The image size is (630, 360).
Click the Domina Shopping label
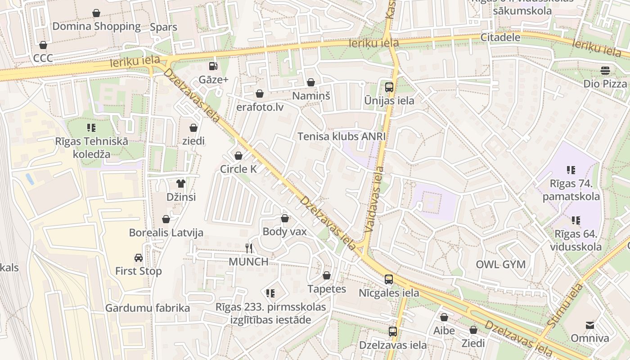pyautogui.click(x=96, y=26)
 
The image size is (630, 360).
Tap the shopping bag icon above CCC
pyautogui.click(x=43, y=45)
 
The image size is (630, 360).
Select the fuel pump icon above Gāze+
pyautogui.click(x=213, y=66)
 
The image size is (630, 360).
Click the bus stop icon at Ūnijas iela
pyautogui.click(x=389, y=87)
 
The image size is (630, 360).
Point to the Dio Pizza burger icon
pyautogui.click(x=605, y=71)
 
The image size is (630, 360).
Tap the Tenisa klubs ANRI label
pyautogui.click(x=342, y=136)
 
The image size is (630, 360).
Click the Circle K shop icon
pyautogui.click(x=238, y=156)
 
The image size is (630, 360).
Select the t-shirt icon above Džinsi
pyautogui.click(x=181, y=183)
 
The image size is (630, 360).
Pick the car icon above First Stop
pyautogui.click(x=139, y=258)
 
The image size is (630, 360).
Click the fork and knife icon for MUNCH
pyautogui.click(x=249, y=248)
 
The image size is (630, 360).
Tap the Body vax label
pyautogui.click(x=284, y=232)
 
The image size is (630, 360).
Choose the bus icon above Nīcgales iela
pyautogui.click(x=389, y=279)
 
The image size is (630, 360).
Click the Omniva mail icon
pyautogui.click(x=589, y=325)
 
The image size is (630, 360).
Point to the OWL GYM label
pyautogui.click(x=500, y=264)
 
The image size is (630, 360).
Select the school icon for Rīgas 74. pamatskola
pyautogui.click(x=571, y=170)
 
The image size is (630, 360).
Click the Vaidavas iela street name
pyautogui.click(x=374, y=199)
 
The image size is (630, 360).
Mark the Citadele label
pyautogui.click(x=500, y=37)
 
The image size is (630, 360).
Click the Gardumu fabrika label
pyautogui.click(x=148, y=308)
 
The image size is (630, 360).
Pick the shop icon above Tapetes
pyautogui.click(x=327, y=275)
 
